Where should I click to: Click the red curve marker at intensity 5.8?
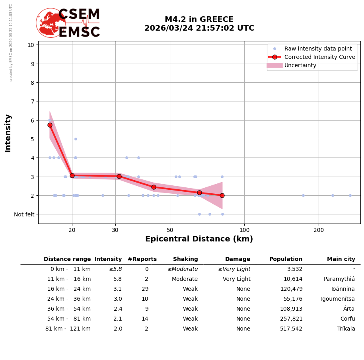(50, 125)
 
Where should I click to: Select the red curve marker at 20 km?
(72, 175)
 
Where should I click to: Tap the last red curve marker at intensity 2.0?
(222, 195)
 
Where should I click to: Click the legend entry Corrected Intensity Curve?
(319, 57)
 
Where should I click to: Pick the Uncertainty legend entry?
(300, 65)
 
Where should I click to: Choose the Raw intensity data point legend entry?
(318, 49)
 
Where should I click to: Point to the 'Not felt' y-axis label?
(24, 214)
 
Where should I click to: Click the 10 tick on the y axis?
(31, 45)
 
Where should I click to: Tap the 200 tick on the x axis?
(319, 230)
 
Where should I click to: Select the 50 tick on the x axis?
(170, 230)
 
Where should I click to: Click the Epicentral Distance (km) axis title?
(199, 239)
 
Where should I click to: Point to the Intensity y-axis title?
(8, 133)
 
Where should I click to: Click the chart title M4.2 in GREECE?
(199, 19)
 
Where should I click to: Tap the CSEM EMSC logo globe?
(51, 23)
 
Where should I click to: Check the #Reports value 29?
(145, 289)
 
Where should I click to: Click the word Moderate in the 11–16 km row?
(185, 279)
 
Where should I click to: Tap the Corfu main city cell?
(347, 319)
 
